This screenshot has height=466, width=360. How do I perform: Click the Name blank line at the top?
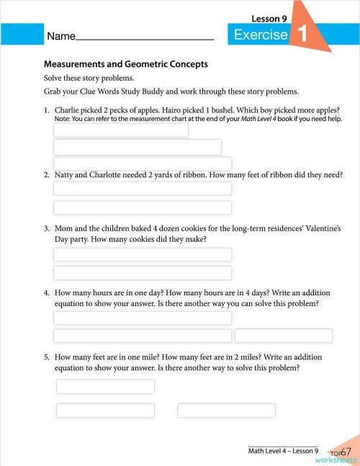[144, 36]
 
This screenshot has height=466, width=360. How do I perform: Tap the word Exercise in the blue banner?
[261, 35]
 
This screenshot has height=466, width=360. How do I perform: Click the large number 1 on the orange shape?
[302, 34]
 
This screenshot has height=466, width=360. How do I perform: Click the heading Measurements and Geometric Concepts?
[126, 64]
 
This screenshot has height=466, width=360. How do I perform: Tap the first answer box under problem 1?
[121, 130]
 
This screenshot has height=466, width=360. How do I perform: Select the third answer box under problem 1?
[143, 163]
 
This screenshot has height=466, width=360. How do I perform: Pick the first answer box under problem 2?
[143, 189]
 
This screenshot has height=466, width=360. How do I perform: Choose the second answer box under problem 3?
[143, 273]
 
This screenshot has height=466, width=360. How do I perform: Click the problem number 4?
[46, 293]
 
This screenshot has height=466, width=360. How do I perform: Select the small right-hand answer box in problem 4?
[283, 336]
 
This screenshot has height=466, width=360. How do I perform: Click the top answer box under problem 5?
[105, 387]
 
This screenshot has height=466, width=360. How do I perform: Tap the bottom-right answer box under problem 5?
[226, 411]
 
